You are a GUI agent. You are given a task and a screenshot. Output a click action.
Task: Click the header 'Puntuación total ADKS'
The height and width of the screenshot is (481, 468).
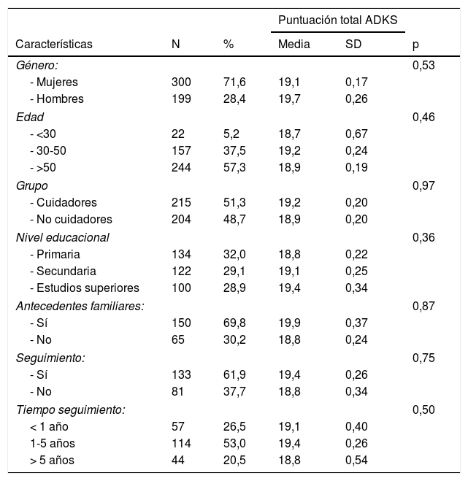[337, 18]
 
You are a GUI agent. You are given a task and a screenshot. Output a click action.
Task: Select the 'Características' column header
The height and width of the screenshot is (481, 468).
[54, 45]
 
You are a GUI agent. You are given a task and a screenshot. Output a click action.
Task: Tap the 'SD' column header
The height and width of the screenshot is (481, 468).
[353, 45]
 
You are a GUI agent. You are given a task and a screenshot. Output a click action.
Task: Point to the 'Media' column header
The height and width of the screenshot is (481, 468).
[294, 45]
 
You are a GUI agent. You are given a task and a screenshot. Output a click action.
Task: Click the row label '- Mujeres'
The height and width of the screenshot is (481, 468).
[54, 82]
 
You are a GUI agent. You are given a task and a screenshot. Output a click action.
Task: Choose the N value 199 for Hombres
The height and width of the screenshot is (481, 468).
[181, 99]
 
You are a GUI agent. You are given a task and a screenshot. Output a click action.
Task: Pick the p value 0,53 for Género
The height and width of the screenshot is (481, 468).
[423, 66]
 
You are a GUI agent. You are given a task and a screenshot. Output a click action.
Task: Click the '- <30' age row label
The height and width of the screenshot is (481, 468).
[43, 134]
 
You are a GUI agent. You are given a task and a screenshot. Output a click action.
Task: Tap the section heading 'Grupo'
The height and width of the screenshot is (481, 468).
[31, 185]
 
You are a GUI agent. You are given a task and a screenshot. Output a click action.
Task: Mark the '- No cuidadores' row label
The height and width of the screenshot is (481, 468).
[69, 220]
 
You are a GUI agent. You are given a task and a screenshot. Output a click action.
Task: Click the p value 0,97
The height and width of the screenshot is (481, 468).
[423, 185]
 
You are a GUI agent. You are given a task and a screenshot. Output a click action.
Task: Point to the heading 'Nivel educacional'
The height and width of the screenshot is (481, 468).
[63, 237]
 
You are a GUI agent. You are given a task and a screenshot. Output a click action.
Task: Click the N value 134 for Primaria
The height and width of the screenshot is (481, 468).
[181, 254]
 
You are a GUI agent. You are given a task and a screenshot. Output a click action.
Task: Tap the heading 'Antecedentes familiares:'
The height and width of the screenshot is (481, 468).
[80, 306]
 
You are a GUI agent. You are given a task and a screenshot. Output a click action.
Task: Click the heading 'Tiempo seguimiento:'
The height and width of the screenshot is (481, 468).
[70, 409]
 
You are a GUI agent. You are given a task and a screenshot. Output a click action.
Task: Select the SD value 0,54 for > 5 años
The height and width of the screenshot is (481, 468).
[356, 460]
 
